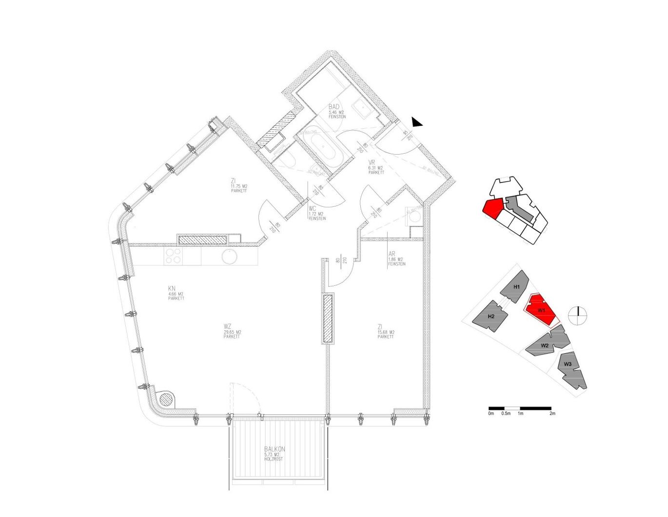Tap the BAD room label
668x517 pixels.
[x=334, y=107]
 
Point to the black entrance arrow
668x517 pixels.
[x=416, y=122]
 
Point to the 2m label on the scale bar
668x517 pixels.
[x=552, y=414]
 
